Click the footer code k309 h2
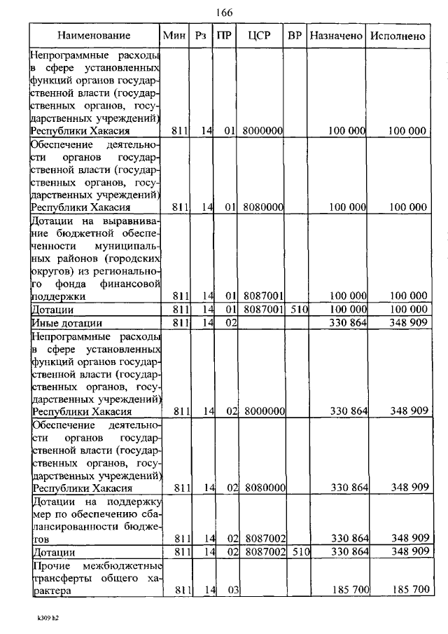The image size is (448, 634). (50, 619)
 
